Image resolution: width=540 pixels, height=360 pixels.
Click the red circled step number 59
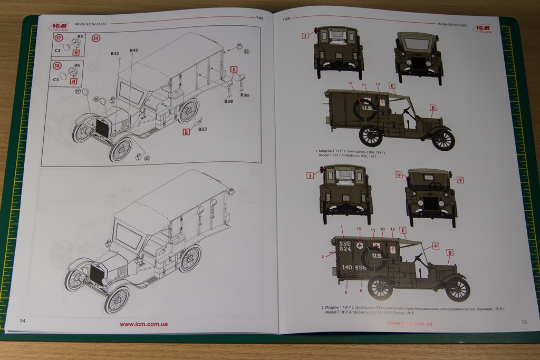click(x=95, y=38)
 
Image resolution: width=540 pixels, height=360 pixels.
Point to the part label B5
click(x=80, y=36)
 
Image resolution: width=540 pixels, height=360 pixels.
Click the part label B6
click(x=77, y=65)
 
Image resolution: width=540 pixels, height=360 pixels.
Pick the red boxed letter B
click(x=186, y=132)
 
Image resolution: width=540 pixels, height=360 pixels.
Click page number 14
click(x=22, y=321)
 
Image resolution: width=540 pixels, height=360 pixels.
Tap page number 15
click(x=523, y=322)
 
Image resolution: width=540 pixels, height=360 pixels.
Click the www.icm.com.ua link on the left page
click(x=144, y=325)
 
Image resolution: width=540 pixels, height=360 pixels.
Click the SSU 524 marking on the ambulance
click(x=345, y=246)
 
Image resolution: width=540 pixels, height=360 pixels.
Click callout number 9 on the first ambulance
click(x=350, y=83)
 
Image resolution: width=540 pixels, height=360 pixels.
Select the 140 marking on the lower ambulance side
click(x=346, y=267)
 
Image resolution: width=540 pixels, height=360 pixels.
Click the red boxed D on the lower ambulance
click(x=450, y=252)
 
